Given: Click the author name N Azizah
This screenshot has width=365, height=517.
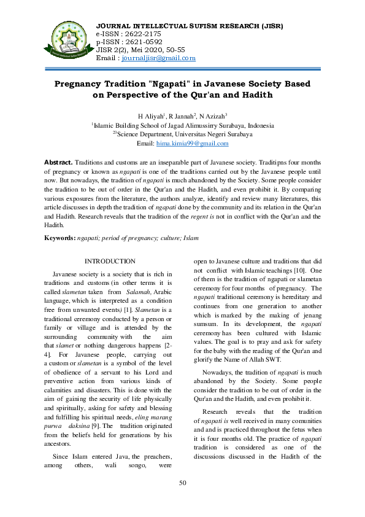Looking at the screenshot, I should pos(214,117).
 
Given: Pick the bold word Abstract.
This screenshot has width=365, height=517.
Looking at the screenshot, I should pos(59,162).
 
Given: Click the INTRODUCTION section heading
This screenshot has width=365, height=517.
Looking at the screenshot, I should pos(110,262).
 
